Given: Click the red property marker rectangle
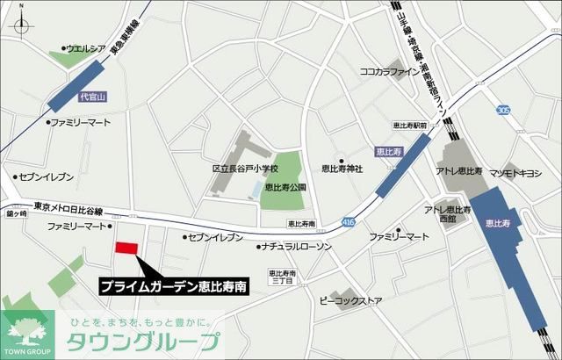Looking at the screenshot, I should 126,248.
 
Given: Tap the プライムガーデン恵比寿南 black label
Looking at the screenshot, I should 172,286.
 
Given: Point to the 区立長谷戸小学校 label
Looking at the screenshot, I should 244,168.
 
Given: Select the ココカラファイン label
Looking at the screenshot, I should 391,71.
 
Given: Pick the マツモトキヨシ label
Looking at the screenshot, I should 517,172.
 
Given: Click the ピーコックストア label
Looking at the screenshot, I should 352,301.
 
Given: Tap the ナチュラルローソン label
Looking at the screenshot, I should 299,248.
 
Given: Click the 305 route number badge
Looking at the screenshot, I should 502,110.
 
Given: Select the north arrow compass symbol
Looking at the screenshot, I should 18,20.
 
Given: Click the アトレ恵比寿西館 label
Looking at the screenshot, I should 448,213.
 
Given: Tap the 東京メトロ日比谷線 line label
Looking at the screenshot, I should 68,206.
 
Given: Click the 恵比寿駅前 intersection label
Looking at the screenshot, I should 411,126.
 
